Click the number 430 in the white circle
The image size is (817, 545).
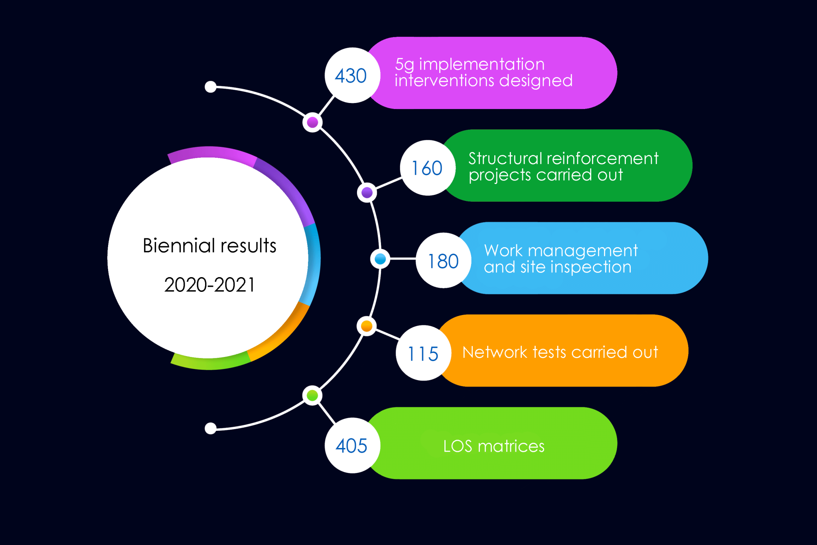coord(351,76)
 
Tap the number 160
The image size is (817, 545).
coord(427,168)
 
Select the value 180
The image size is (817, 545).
coord(443,262)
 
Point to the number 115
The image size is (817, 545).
coord(423,354)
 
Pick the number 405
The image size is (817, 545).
coord(351,446)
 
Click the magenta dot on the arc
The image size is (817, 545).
coord(312,122)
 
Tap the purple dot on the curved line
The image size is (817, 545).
coord(367,193)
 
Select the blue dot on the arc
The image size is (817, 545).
coord(380,259)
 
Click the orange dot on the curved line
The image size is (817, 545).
coord(367,326)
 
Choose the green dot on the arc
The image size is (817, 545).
coord(312,395)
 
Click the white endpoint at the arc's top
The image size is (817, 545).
coord(211,87)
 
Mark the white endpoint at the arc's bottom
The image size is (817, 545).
coord(211,428)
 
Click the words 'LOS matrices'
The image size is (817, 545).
coord(494,446)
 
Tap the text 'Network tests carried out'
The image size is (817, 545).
coord(560,352)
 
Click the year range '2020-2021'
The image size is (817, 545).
coord(209,285)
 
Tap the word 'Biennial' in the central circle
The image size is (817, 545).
coord(179,246)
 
